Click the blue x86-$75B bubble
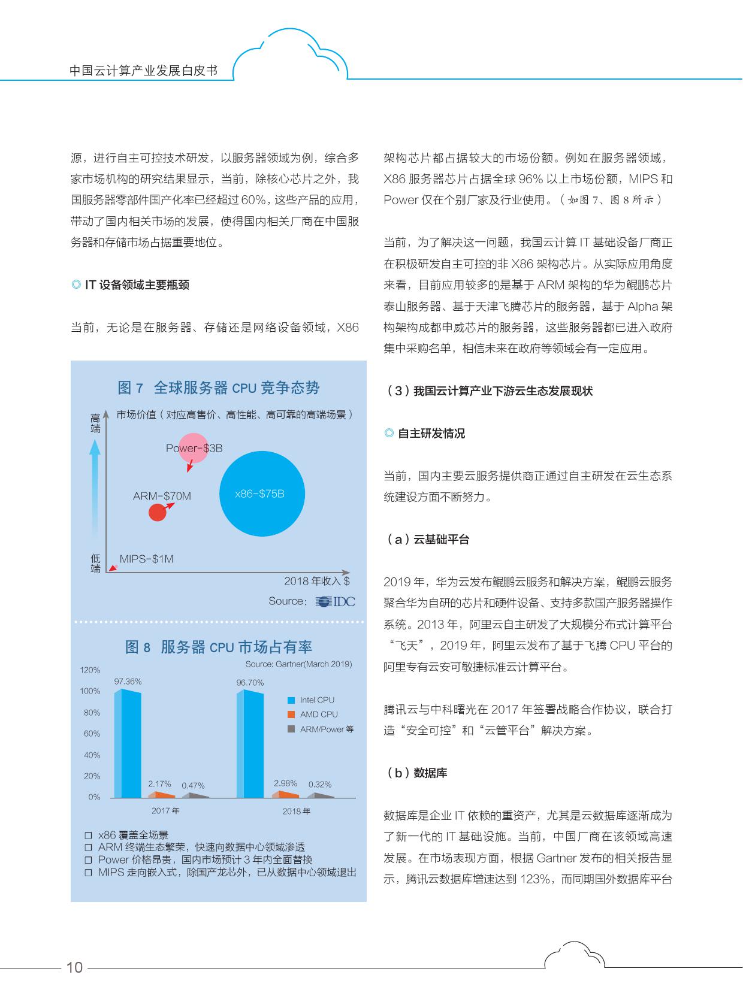[x=262, y=494]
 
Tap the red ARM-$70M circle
[x=157, y=512]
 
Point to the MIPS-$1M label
[x=146, y=559]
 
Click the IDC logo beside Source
[x=336, y=601]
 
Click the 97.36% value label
[x=128, y=682]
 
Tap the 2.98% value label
[x=285, y=783]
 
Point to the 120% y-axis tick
[x=90, y=670]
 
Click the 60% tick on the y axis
[x=92, y=734]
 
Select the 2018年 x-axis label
[x=296, y=812]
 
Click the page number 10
[x=74, y=967]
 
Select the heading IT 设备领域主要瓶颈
[x=137, y=285]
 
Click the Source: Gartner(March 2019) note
[x=298, y=664]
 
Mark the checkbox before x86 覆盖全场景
[x=88, y=836]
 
